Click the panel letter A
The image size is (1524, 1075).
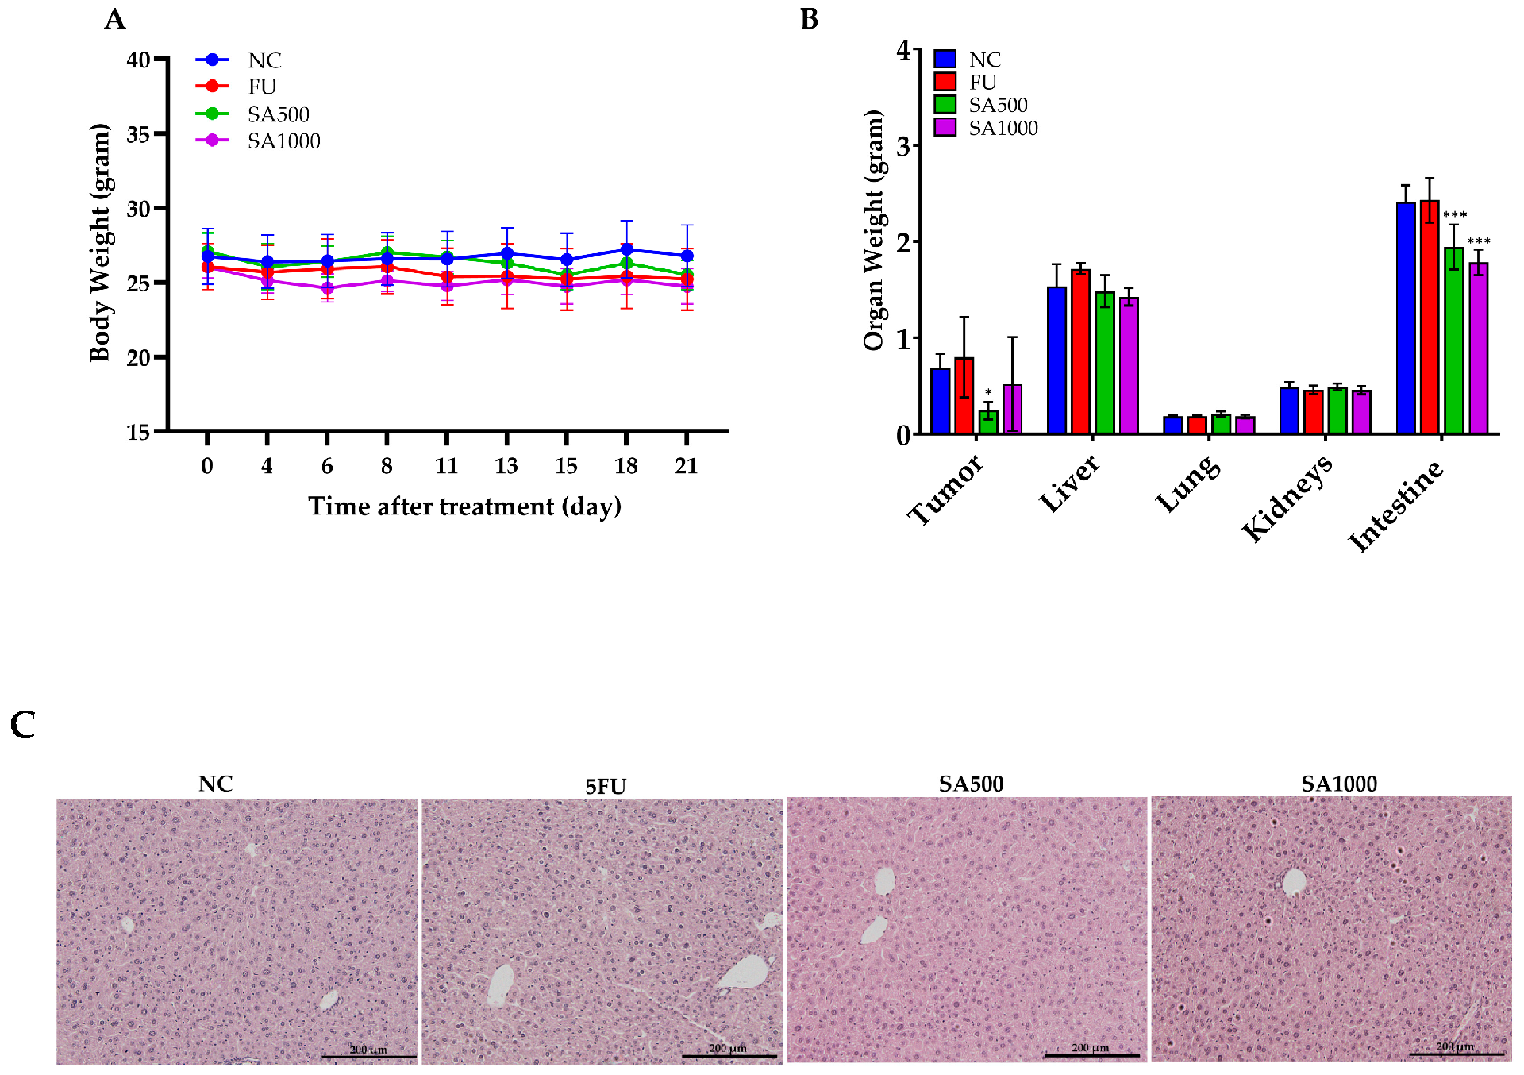click(x=115, y=19)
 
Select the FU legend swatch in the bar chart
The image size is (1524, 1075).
click(x=945, y=82)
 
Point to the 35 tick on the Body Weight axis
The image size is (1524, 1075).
click(x=138, y=134)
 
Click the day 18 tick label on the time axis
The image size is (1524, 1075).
click(x=625, y=466)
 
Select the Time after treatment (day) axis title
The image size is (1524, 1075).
click(x=464, y=507)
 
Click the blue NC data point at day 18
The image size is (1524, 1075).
click(x=626, y=249)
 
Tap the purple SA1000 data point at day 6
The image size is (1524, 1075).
click(x=327, y=288)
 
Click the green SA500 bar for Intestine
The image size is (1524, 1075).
click(x=1453, y=341)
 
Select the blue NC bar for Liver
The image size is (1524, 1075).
click(x=1056, y=360)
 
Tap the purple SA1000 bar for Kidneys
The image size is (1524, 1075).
click(x=1361, y=412)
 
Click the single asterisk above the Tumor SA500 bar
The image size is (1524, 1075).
click(x=988, y=392)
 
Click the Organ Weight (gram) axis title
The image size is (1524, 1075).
click(x=873, y=230)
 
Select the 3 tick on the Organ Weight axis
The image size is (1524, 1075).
click(x=903, y=146)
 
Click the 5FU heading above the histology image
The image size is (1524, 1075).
click(x=606, y=786)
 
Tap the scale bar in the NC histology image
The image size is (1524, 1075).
click(x=369, y=1056)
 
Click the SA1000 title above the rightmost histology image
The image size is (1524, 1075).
click(x=1339, y=784)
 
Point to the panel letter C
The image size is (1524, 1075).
click(x=23, y=724)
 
